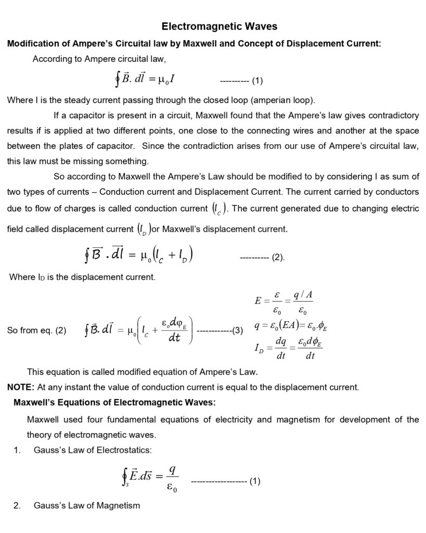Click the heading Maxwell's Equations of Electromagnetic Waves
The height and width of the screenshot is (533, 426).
coord(114,402)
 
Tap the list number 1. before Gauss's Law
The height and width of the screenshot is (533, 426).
coord(17,450)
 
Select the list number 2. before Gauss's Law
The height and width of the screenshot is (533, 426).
coord(17,505)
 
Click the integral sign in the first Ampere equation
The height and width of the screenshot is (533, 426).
coord(118,81)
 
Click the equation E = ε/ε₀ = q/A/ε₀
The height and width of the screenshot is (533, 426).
coord(283,301)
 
